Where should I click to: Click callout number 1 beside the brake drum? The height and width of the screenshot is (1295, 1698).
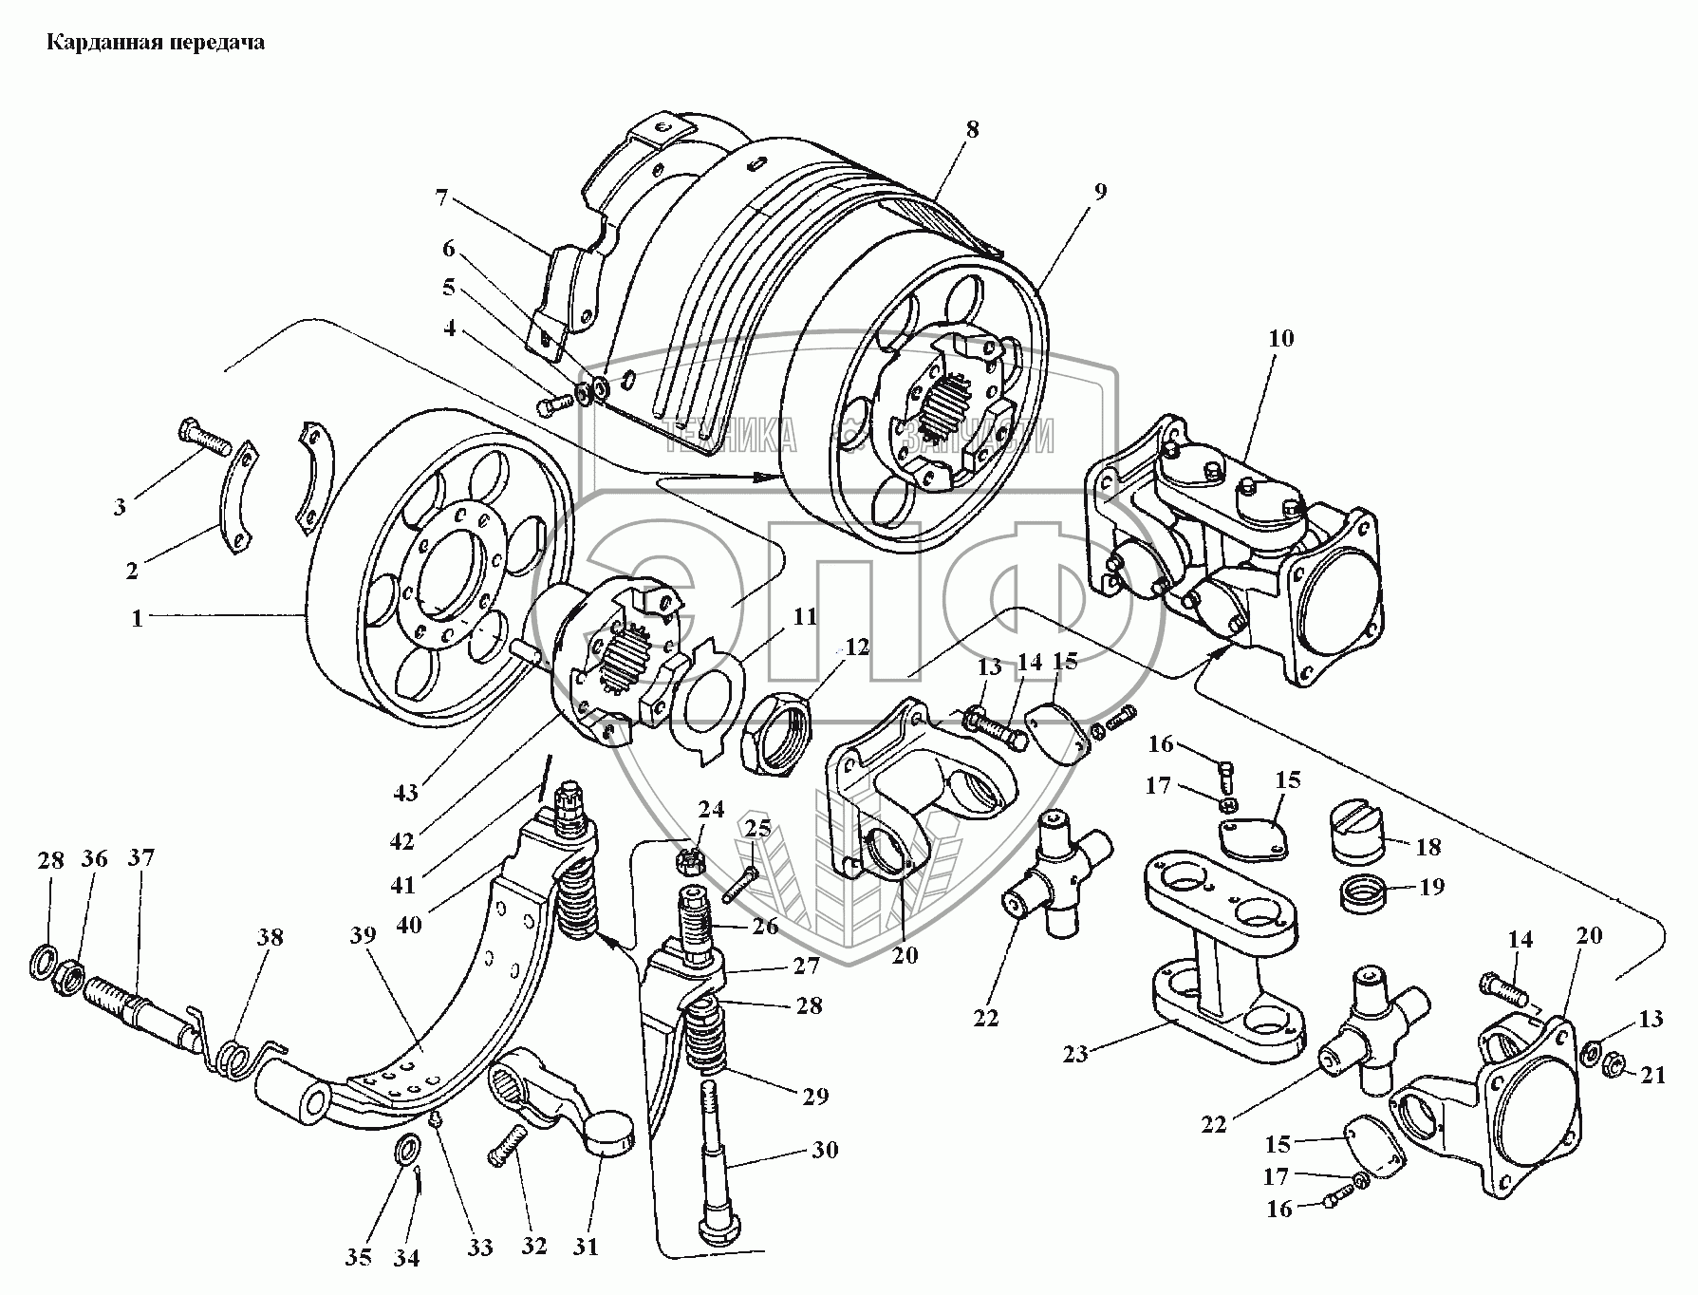[x=138, y=618]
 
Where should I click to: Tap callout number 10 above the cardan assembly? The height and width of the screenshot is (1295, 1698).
[x=1280, y=338]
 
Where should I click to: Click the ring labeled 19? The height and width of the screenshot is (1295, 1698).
[x=1364, y=893]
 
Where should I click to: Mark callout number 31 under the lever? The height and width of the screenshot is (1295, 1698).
[x=587, y=1246]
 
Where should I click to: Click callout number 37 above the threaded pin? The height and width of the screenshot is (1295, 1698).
[x=141, y=858]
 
